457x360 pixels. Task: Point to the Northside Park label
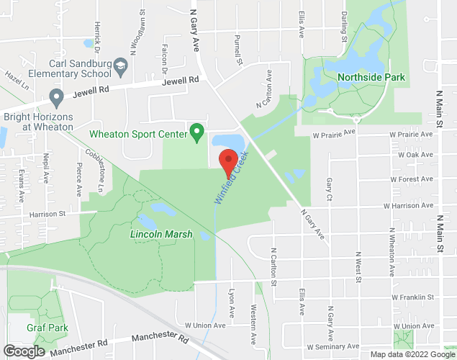point(371,77)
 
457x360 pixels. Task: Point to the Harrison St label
point(47,214)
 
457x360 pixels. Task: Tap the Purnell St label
point(237,50)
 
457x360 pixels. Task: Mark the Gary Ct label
point(329,189)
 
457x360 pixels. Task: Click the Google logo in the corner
point(23,351)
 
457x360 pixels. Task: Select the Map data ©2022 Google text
point(412,354)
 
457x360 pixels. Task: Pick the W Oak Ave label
point(412,155)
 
